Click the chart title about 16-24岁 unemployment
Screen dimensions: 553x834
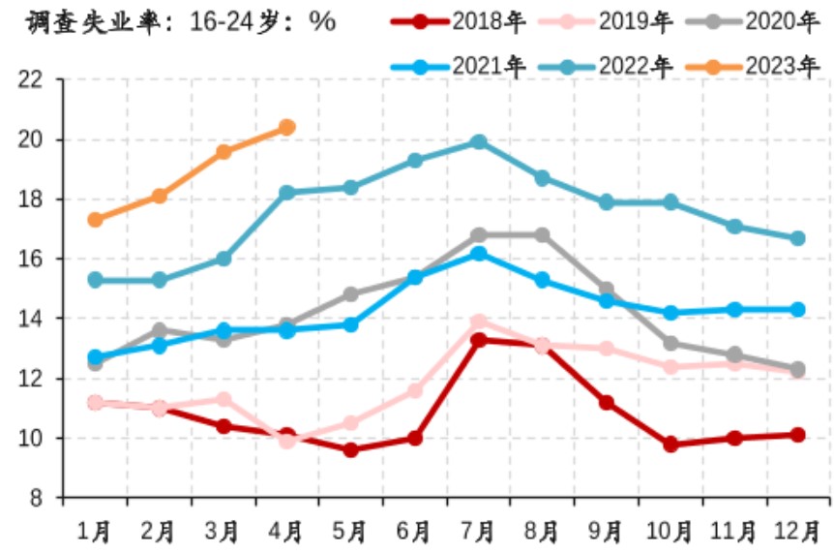172,21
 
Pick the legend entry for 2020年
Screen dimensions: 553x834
754,20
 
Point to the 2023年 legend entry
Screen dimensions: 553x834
754,67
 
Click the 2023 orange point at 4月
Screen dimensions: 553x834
286,127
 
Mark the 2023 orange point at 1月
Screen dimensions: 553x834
95,220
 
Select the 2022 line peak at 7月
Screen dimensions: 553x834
478,142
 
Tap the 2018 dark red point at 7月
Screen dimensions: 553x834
478,340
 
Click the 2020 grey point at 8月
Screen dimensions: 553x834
542,235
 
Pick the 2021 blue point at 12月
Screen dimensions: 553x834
797,310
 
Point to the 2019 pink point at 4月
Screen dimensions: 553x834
286,441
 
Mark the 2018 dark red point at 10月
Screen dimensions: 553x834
670,445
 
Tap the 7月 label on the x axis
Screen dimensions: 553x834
478,531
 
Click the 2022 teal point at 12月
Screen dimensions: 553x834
797,238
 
